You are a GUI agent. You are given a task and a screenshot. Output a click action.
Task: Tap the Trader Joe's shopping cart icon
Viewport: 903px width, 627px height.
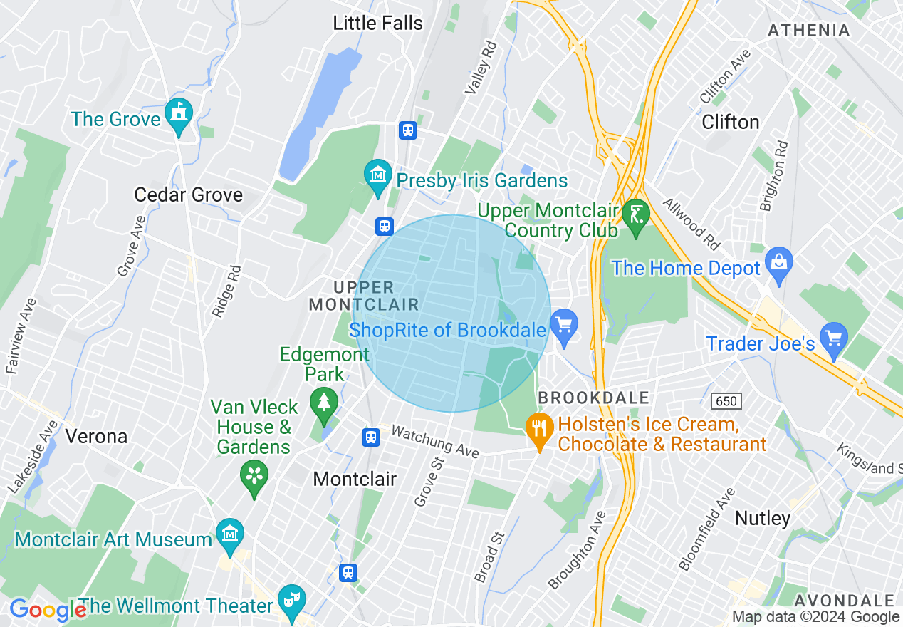(x=833, y=338)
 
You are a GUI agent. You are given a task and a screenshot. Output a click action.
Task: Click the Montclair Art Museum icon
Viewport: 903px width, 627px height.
(x=230, y=534)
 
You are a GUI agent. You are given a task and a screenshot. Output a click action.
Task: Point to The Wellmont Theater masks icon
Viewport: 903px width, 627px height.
(x=291, y=599)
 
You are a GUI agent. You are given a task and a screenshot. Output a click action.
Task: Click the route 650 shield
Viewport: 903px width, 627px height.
(x=726, y=401)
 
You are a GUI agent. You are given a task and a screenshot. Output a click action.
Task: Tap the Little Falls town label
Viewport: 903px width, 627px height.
(x=377, y=23)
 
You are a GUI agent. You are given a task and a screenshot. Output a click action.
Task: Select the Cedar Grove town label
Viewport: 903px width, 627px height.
(x=188, y=195)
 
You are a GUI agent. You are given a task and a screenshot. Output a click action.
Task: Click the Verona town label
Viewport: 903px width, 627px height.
(x=95, y=436)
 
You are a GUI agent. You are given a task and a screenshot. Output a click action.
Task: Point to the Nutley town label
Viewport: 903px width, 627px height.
(x=762, y=518)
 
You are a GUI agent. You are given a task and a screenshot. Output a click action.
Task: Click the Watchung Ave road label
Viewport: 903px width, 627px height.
(x=435, y=441)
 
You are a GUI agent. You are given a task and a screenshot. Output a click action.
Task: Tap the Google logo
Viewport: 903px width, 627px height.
(x=47, y=610)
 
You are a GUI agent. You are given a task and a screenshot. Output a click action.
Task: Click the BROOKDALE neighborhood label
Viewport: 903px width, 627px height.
(x=594, y=398)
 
